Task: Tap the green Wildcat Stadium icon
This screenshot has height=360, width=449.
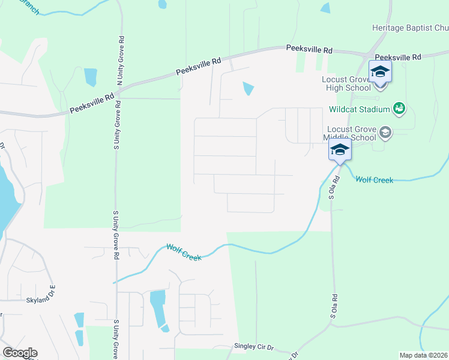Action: click(399, 109)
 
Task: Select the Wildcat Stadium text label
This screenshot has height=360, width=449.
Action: click(360, 110)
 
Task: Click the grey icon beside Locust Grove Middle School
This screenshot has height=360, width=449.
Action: click(385, 133)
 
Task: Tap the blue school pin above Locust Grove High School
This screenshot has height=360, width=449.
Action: click(379, 72)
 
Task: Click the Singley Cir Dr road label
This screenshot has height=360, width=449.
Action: click(254, 347)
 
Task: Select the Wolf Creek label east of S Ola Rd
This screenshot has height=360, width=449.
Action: click(374, 179)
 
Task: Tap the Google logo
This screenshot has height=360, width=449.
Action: click(20, 353)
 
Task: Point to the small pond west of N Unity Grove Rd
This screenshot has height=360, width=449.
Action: click(91, 77)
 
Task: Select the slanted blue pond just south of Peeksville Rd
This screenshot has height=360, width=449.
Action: click(247, 88)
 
